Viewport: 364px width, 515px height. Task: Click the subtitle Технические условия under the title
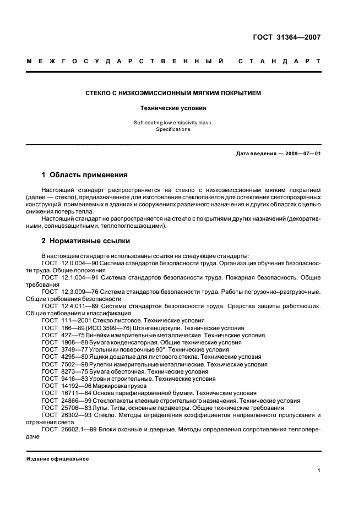point(172,108)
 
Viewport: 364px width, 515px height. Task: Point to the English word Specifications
point(172,129)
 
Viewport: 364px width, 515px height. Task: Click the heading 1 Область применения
point(84,175)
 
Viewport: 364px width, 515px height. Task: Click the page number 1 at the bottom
point(319,470)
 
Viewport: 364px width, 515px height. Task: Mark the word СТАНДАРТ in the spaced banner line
point(279,62)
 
